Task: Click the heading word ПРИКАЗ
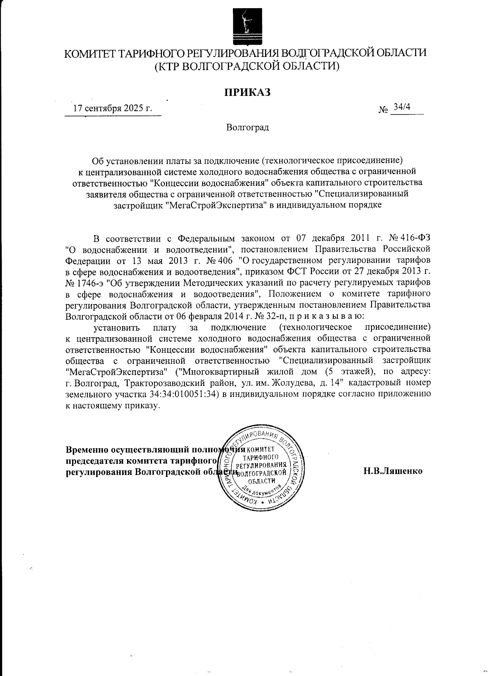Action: pyautogui.click(x=247, y=92)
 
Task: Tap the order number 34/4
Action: pyautogui.click(x=401, y=107)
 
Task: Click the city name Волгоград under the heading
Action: pyautogui.click(x=247, y=127)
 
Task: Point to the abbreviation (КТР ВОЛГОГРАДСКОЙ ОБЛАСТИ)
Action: pyautogui.click(x=246, y=66)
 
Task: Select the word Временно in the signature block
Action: pyautogui.click(x=87, y=449)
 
